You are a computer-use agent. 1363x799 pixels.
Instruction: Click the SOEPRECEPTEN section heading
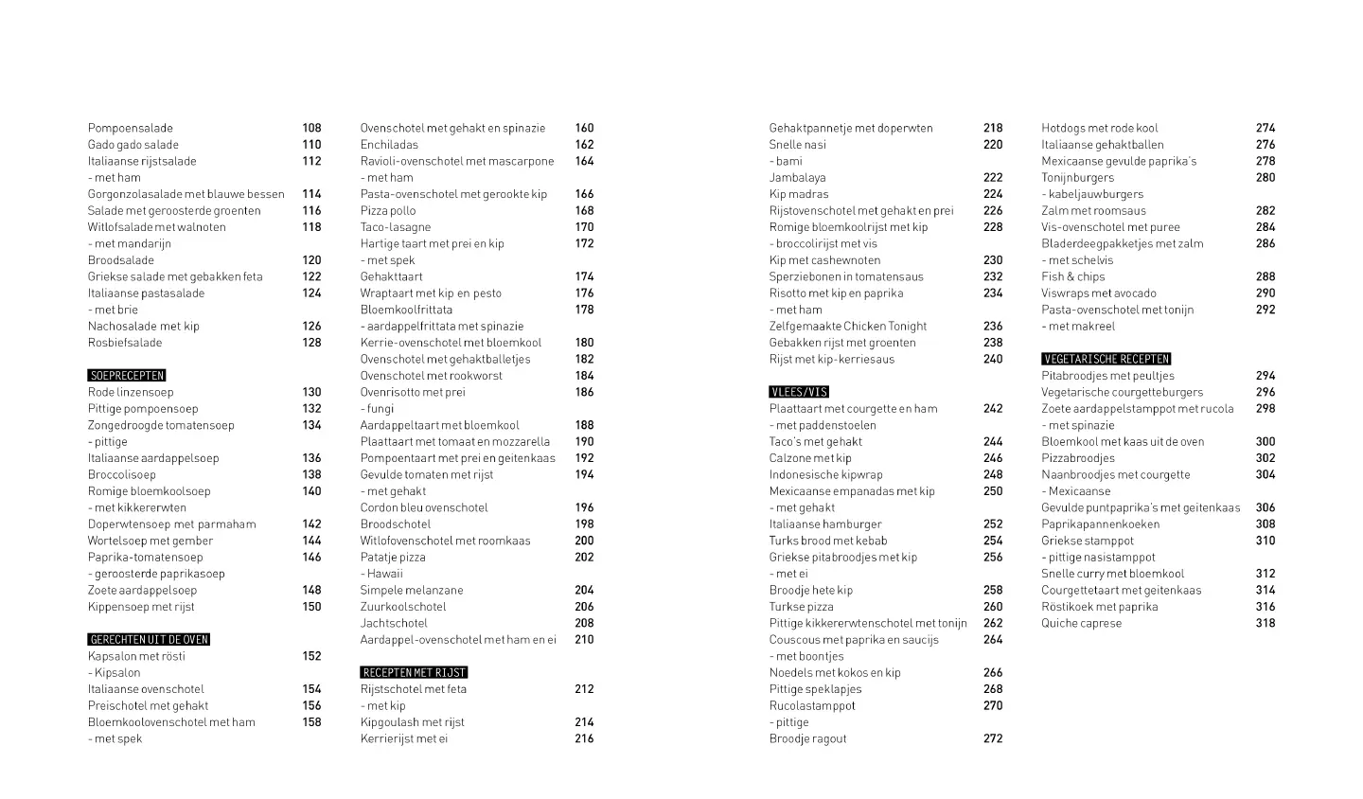click(127, 376)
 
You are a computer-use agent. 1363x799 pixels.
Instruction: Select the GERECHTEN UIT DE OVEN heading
click(149, 640)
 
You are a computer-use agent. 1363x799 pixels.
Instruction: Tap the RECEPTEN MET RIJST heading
click(414, 673)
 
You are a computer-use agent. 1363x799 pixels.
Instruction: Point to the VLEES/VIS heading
click(799, 392)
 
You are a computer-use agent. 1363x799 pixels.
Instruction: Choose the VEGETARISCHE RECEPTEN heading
click(1106, 359)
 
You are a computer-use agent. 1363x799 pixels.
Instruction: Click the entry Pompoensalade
click(131, 128)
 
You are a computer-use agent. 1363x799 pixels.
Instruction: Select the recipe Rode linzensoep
click(131, 392)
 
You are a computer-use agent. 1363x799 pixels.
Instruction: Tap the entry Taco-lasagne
click(396, 227)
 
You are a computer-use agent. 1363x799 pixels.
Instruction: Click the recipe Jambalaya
click(797, 177)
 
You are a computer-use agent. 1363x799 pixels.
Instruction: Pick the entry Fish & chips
click(1072, 276)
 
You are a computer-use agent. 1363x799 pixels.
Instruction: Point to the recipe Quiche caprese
click(1081, 623)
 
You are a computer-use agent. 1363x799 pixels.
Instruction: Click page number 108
click(311, 128)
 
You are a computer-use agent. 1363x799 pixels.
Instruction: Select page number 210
click(584, 640)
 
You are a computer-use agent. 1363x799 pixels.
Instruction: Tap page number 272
click(992, 738)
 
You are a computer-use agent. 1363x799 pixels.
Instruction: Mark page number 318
click(1266, 623)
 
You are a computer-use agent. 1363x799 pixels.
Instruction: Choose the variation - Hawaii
click(381, 574)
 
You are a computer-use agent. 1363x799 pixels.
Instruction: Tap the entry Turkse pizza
click(801, 607)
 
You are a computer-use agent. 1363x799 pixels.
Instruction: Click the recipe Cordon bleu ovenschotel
click(424, 507)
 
